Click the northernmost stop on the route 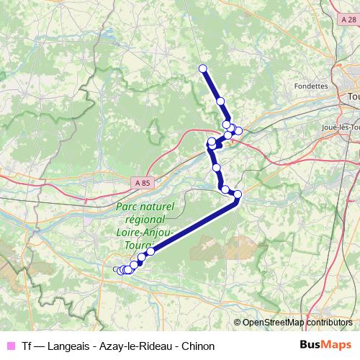pyautogui.click(x=202, y=68)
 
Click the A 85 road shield pyautogui.click(x=143, y=183)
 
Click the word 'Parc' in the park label pyautogui.click(x=127, y=206)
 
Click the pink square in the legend pyautogui.click(x=11, y=346)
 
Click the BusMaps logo pyautogui.click(x=326, y=346)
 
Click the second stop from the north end pyautogui.click(x=220, y=102)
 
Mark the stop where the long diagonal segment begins pyautogui.click(x=238, y=194)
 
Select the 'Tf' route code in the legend pyautogui.click(x=27, y=346)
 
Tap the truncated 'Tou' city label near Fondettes pyautogui.click(x=353, y=96)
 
